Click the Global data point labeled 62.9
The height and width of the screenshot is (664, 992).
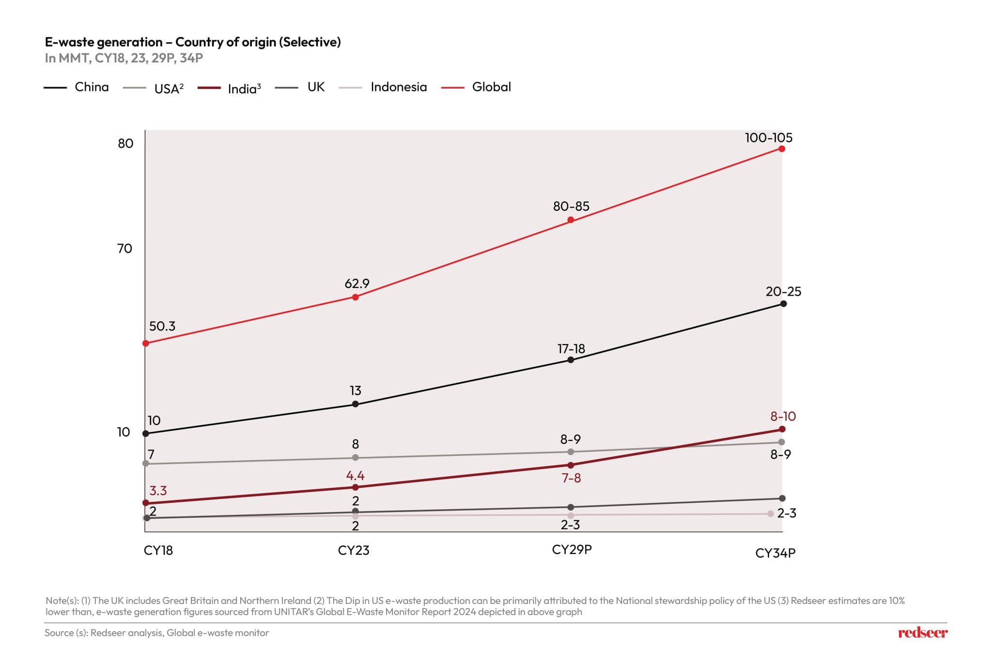(356, 297)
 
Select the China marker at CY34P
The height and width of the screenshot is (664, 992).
(784, 304)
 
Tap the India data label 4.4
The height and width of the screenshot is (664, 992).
(355, 476)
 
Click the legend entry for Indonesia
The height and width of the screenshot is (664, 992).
(398, 87)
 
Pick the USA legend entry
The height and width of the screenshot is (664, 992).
(169, 89)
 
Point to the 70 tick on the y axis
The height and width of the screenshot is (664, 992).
(124, 249)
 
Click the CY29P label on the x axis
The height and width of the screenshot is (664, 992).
(572, 550)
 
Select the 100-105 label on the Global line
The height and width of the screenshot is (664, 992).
(768, 138)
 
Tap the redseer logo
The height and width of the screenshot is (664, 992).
(922, 633)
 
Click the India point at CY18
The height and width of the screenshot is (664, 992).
(146, 503)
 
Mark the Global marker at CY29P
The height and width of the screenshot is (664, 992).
(571, 220)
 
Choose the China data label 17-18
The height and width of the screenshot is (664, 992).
(571, 349)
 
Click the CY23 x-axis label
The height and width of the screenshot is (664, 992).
(354, 550)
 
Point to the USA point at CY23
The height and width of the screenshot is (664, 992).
(356, 458)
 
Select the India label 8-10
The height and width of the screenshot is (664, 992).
(783, 416)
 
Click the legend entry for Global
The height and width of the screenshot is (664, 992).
(491, 87)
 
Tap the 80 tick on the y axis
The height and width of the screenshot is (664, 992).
(125, 143)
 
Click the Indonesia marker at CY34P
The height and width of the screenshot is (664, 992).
(770, 514)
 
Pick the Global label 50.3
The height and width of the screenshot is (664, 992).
(162, 326)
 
